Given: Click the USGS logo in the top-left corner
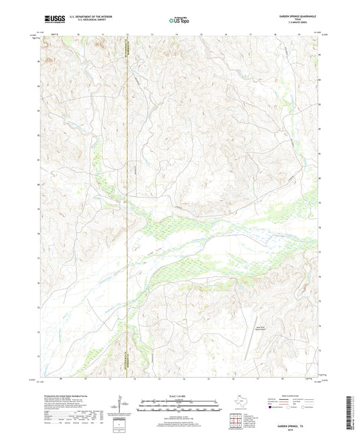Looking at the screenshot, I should click(52, 20).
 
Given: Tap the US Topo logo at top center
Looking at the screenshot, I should click(179, 20).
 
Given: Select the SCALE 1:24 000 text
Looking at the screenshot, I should click(179, 395).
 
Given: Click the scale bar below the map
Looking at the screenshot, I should click(179, 407).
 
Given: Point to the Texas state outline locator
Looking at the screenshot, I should click(238, 401).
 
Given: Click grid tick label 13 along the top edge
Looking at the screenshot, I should click(152, 32).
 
